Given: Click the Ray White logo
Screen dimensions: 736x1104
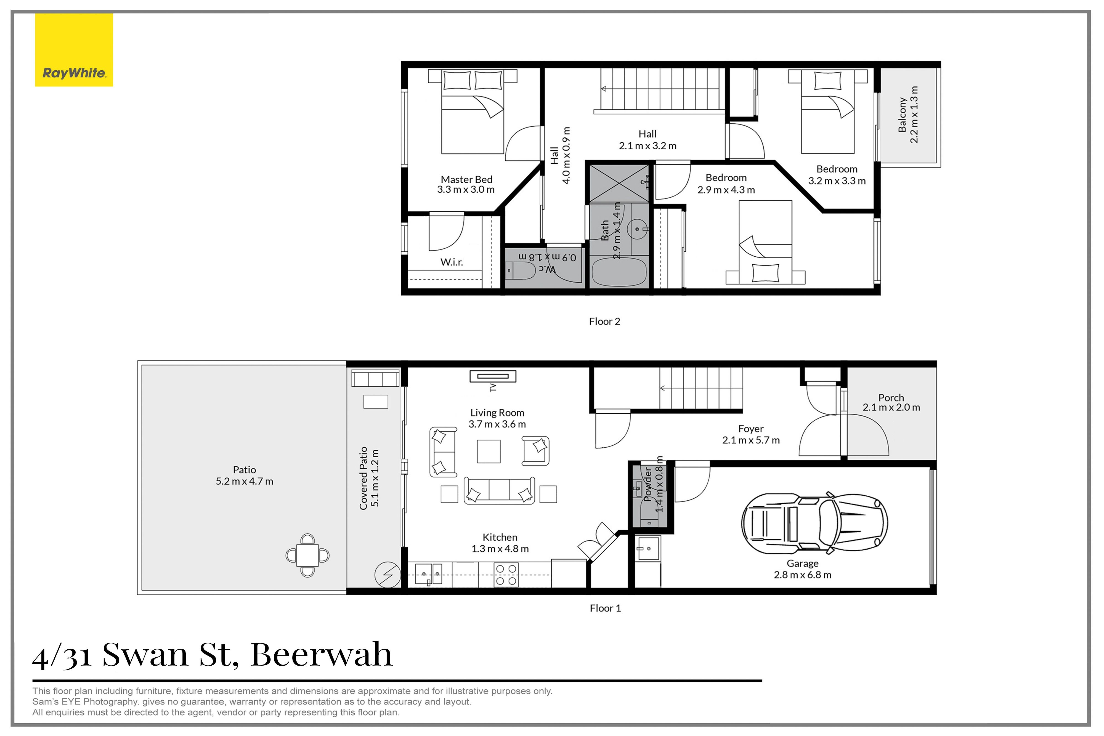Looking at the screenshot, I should tap(74, 50).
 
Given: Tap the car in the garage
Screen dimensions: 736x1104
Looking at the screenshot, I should tap(814, 522).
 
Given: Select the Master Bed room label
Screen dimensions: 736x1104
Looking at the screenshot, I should tap(466, 179).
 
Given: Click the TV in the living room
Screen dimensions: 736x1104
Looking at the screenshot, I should tap(493, 376).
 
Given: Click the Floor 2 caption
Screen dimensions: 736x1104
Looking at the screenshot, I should tap(604, 321).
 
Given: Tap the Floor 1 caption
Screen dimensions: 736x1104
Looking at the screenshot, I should tap(605, 608).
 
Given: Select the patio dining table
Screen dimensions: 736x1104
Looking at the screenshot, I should tap(307, 555).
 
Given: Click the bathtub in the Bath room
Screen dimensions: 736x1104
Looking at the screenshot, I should tap(619, 272).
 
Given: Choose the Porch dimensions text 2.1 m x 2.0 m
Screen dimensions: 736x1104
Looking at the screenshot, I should tap(891, 407).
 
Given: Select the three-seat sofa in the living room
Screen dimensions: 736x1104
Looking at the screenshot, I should tap(499, 490).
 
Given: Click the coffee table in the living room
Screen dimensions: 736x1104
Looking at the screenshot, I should tap(489, 451).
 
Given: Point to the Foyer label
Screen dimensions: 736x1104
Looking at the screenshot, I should tap(750, 429).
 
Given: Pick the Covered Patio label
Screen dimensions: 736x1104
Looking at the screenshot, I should tap(363, 478).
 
